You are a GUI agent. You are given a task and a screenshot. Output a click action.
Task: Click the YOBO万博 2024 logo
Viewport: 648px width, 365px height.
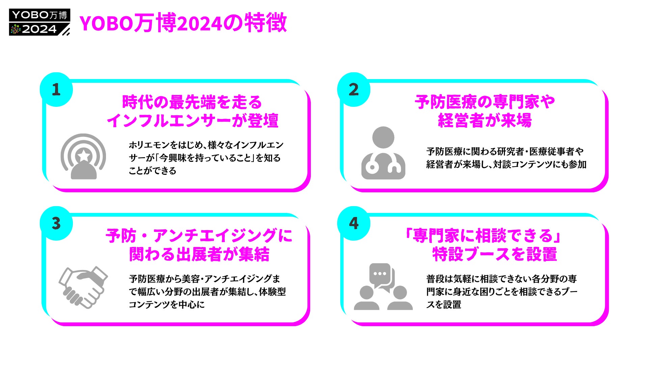coord(39,22)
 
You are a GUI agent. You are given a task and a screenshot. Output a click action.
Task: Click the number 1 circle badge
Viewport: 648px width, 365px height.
coord(56,90)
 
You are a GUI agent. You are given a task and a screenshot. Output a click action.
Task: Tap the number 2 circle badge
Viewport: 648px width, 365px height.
coord(354,90)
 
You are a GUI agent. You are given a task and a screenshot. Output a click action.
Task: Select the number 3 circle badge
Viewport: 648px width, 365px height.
coord(56,223)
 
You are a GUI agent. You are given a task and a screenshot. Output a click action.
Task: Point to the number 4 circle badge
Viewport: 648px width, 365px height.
coord(354,223)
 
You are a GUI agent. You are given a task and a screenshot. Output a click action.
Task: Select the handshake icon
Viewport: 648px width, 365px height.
coord(83,287)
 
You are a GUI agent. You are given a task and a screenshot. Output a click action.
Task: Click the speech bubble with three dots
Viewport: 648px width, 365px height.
coord(380,274)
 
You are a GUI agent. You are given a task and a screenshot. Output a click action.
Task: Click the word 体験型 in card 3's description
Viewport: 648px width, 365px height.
coord(272,292)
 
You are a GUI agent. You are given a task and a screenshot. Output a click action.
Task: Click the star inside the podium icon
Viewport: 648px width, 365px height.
coord(83,156)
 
